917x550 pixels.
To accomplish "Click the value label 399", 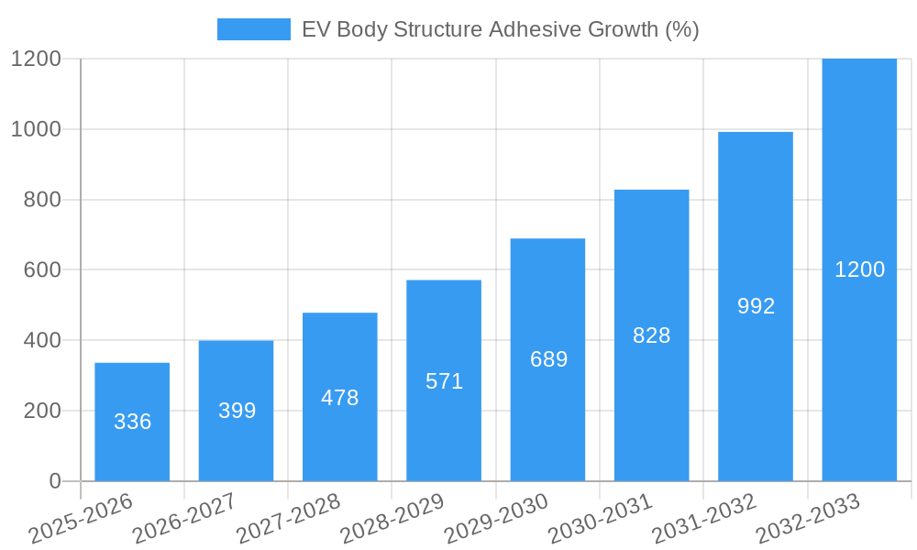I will tap(237, 411).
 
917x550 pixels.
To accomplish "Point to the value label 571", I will tap(445, 381).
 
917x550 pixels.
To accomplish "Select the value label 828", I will tap(652, 335).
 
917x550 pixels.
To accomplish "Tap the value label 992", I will tap(756, 306).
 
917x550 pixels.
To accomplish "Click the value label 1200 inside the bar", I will tap(859, 269).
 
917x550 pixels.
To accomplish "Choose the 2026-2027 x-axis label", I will tap(184, 518).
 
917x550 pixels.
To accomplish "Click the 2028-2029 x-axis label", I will tap(392, 518).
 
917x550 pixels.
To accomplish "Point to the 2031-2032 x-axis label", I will tap(704, 518).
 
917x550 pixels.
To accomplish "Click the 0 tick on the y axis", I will tap(54, 481).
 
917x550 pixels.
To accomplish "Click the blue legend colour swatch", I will tap(253, 29).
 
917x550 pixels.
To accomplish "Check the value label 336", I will tap(132, 422).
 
